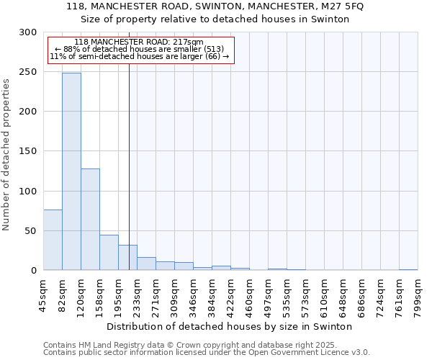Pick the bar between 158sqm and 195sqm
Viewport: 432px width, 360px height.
[x=109, y=252]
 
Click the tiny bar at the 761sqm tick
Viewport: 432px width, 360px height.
[x=408, y=269]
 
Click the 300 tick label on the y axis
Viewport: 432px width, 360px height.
[x=28, y=32]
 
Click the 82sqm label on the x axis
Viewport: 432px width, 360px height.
[x=63, y=295]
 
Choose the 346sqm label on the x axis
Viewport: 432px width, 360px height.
[x=194, y=295]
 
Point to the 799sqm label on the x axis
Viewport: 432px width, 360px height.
[x=418, y=295]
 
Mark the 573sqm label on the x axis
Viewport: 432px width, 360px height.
[x=306, y=295]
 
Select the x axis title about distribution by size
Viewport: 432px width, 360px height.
[x=229, y=326]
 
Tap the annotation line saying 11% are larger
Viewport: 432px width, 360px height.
[x=140, y=56]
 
